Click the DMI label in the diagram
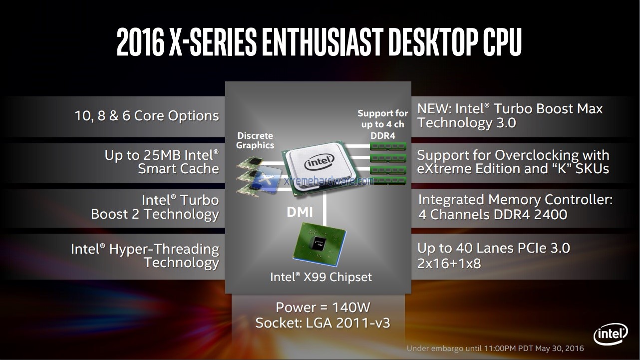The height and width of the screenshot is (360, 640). (300, 212)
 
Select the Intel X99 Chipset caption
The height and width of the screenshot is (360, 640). (321, 277)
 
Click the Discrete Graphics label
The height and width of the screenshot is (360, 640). (255, 140)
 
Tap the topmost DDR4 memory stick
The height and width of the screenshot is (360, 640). (388, 146)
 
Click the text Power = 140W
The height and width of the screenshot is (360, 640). (323, 307)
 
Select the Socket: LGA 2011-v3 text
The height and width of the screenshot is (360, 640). (322, 323)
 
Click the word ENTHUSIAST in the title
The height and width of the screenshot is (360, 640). (322, 43)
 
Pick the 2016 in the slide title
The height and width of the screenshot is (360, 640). (140, 43)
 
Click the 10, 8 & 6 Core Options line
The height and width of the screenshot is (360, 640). (147, 116)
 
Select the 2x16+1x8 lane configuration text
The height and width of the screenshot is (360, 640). (449, 263)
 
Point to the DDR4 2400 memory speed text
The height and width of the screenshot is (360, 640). (529, 215)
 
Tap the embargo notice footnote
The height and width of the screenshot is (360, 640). (495, 348)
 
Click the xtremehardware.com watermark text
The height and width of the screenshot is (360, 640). (328, 181)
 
